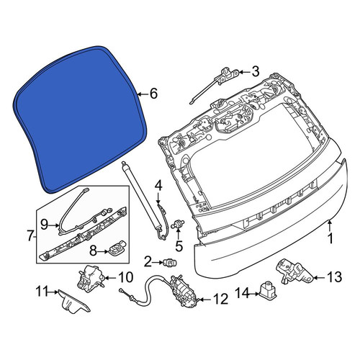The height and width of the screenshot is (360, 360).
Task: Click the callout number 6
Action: pos(153,94)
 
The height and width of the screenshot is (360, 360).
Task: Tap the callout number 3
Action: pos(255,71)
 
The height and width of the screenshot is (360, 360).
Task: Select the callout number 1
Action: pos(330,238)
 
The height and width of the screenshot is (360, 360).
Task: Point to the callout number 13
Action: pos(334,277)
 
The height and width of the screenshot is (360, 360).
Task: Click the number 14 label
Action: pos(243,293)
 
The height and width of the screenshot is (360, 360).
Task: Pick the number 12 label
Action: pos(220,299)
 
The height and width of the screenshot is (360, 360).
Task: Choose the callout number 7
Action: pos(30,236)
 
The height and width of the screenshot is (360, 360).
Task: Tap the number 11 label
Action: pos(42,292)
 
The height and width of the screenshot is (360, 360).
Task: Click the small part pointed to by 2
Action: pos(170,262)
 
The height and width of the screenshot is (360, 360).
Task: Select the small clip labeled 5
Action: pos(178,225)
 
